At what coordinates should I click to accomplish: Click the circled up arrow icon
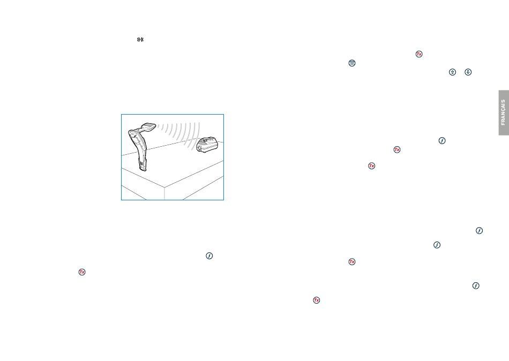(452, 72)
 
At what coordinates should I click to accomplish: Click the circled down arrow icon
(468, 72)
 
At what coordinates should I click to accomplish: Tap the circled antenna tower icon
(352, 63)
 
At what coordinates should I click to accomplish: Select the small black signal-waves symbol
(140, 40)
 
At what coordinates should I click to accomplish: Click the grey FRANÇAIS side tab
(504, 112)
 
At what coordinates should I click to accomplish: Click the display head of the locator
(148, 126)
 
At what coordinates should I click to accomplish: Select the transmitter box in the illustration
(207, 145)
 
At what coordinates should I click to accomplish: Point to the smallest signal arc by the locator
(159, 127)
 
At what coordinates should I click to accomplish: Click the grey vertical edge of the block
(164, 193)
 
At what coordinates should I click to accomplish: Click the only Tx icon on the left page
(82, 272)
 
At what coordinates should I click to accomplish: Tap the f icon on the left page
(209, 256)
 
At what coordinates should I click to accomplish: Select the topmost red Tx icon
(419, 54)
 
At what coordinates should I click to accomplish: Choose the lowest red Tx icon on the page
(316, 300)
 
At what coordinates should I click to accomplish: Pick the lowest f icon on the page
(476, 285)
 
